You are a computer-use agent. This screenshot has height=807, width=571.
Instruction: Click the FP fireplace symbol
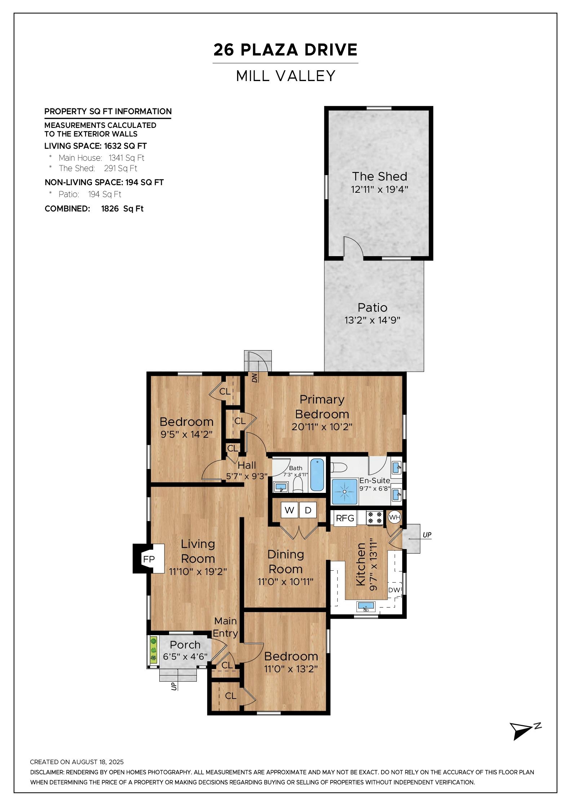tap(149, 558)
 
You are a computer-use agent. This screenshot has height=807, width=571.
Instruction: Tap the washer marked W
tap(289, 510)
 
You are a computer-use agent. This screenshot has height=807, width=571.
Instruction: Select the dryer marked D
tap(308, 510)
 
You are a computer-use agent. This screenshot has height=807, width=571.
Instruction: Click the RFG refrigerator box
tap(345, 518)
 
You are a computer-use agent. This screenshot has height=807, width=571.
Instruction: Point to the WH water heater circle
tap(394, 517)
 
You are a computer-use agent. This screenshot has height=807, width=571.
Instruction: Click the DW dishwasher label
tap(394, 590)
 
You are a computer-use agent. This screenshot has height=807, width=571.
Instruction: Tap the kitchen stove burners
tap(375, 518)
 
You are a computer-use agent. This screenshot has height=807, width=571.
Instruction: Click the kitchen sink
tap(366, 607)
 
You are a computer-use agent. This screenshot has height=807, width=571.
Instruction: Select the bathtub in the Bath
tap(317, 475)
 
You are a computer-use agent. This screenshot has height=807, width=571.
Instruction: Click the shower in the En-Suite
tap(345, 491)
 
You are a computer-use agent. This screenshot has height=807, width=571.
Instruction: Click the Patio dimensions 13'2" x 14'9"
tap(373, 320)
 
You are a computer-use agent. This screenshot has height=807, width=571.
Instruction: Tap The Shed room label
tap(380, 176)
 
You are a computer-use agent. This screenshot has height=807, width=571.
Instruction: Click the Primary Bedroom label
tap(322, 407)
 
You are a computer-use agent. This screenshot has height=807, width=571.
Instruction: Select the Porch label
tap(185, 645)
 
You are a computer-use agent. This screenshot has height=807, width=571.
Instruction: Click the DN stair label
tap(255, 378)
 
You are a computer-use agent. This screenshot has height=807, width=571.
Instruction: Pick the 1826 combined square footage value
tap(110, 209)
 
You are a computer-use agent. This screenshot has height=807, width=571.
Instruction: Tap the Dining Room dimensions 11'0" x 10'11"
tap(285, 581)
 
